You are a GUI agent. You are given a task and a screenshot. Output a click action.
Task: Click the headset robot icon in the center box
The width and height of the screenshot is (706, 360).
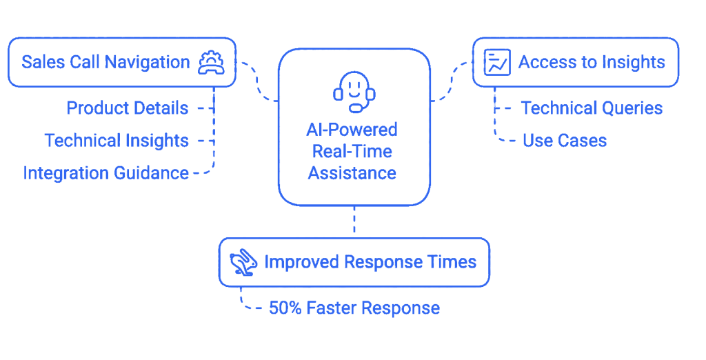tap(354, 92)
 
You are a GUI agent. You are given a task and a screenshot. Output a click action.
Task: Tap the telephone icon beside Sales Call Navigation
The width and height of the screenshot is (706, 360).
tap(211, 63)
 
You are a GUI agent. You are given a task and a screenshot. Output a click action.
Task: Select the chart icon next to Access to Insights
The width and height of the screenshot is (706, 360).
tap(497, 62)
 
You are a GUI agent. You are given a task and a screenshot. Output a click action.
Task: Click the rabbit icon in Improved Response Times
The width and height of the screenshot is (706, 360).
tap(243, 262)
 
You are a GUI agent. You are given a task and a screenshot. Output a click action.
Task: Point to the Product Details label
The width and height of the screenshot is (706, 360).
tap(128, 108)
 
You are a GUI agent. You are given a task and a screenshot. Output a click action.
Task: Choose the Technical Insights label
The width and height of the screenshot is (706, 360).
tap(117, 141)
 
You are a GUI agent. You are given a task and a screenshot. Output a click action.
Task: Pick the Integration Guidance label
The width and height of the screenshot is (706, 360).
tap(105, 173)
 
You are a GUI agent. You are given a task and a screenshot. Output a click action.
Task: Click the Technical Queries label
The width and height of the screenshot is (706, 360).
tap(592, 108)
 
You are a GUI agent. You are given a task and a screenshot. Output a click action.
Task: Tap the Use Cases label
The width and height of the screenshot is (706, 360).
tap(565, 141)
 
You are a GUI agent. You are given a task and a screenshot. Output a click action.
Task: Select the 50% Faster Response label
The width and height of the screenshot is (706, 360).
tap(354, 308)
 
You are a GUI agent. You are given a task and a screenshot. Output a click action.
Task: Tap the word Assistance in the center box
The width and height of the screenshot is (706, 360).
tap(352, 173)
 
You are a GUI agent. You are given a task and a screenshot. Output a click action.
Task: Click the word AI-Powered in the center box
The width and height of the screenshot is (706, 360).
tap(352, 130)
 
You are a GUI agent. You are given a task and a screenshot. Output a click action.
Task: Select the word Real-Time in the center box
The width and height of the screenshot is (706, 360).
tap(352, 152)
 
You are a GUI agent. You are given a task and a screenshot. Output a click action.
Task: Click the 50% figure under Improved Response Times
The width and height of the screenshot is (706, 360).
tap(285, 308)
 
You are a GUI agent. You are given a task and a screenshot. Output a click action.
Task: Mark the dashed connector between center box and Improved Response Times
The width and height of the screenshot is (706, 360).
tap(354, 219)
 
